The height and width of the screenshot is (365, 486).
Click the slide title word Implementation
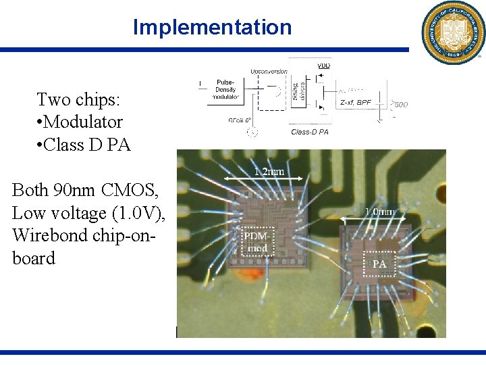pyautogui.click(x=212, y=27)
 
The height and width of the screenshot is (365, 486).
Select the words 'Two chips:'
pyautogui.click(x=78, y=99)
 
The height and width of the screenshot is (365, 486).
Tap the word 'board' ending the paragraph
pyautogui.click(x=34, y=258)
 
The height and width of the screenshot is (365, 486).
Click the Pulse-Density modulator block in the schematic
pyautogui.click(x=227, y=89)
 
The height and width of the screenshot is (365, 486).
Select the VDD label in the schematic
pyautogui.click(x=324, y=66)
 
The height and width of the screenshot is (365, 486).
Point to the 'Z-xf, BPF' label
pyautogui.click(x=355, y=102)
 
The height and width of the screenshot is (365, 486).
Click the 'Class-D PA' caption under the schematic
pyautogui.click(x=310, y=132)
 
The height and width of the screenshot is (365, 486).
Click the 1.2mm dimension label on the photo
pyautogui.click(x=269, y=172)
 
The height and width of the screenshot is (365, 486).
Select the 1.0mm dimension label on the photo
pyautogui.click(x=380, y=212)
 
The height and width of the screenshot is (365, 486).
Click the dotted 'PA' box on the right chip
pyautogui.click(x=379, y=264)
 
